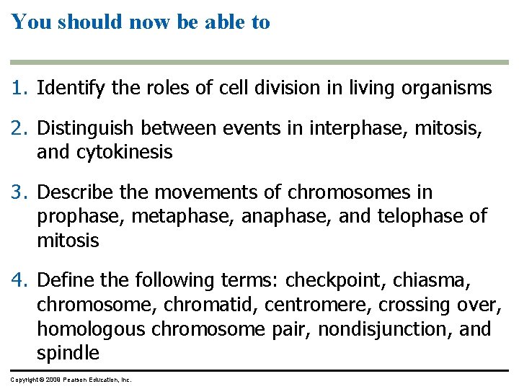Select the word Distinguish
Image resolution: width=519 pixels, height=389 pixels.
coord(86,128)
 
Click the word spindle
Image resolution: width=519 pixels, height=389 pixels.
coord(68,353)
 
